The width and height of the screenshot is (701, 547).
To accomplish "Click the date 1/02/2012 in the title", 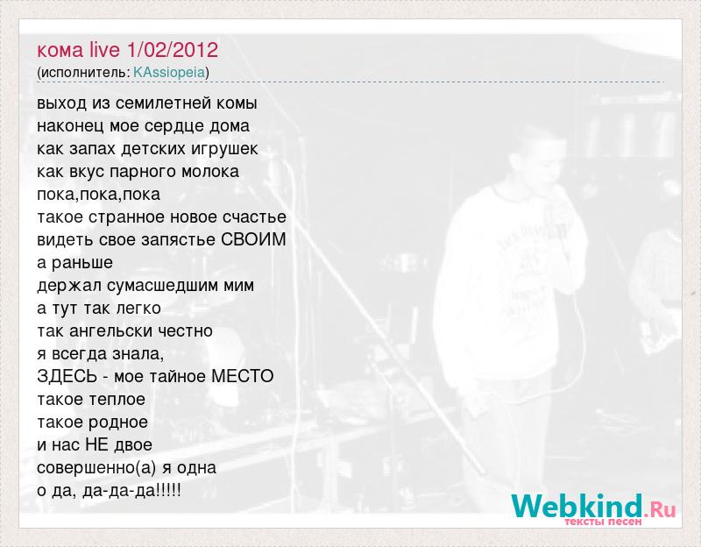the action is click(173, 50).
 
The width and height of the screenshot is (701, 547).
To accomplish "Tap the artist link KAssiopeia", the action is click(169, 73).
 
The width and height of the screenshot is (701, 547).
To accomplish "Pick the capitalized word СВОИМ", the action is click(253, 239).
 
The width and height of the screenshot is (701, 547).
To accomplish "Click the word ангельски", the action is click(117, 331).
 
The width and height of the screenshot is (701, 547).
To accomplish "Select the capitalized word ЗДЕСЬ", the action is click(67, 377).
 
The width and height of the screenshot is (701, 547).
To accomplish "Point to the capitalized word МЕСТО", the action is click(243, 376).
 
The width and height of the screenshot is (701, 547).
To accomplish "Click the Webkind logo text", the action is click(577, 506).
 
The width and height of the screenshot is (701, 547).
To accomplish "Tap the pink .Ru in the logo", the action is click(661, 509).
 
